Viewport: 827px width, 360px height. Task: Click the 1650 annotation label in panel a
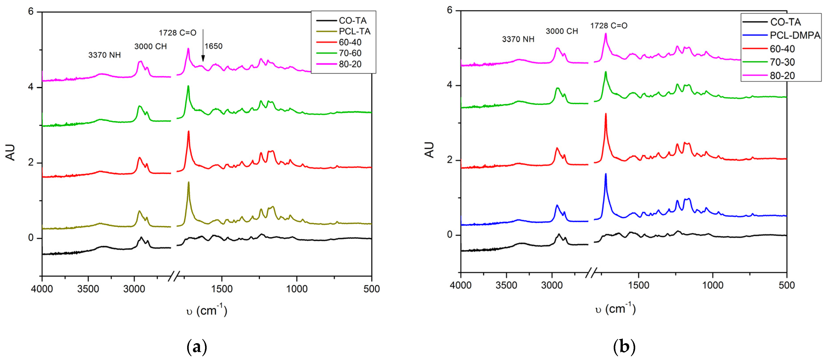[214, 46]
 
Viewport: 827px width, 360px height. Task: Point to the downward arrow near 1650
[203, 45]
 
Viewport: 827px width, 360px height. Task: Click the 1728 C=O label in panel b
[608, 26]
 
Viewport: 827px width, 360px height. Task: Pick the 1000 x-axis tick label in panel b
[712, 285]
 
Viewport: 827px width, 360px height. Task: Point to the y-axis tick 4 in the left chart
[31, 87]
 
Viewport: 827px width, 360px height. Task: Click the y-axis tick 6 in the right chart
[449, 10]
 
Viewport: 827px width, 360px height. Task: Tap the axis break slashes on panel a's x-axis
[174, 276]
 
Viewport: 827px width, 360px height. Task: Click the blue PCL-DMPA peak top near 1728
[606, 174]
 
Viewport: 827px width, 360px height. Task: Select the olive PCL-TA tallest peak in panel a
[188, 183]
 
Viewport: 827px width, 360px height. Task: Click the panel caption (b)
[624, 347]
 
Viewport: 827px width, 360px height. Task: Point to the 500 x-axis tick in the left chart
[371, 289]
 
